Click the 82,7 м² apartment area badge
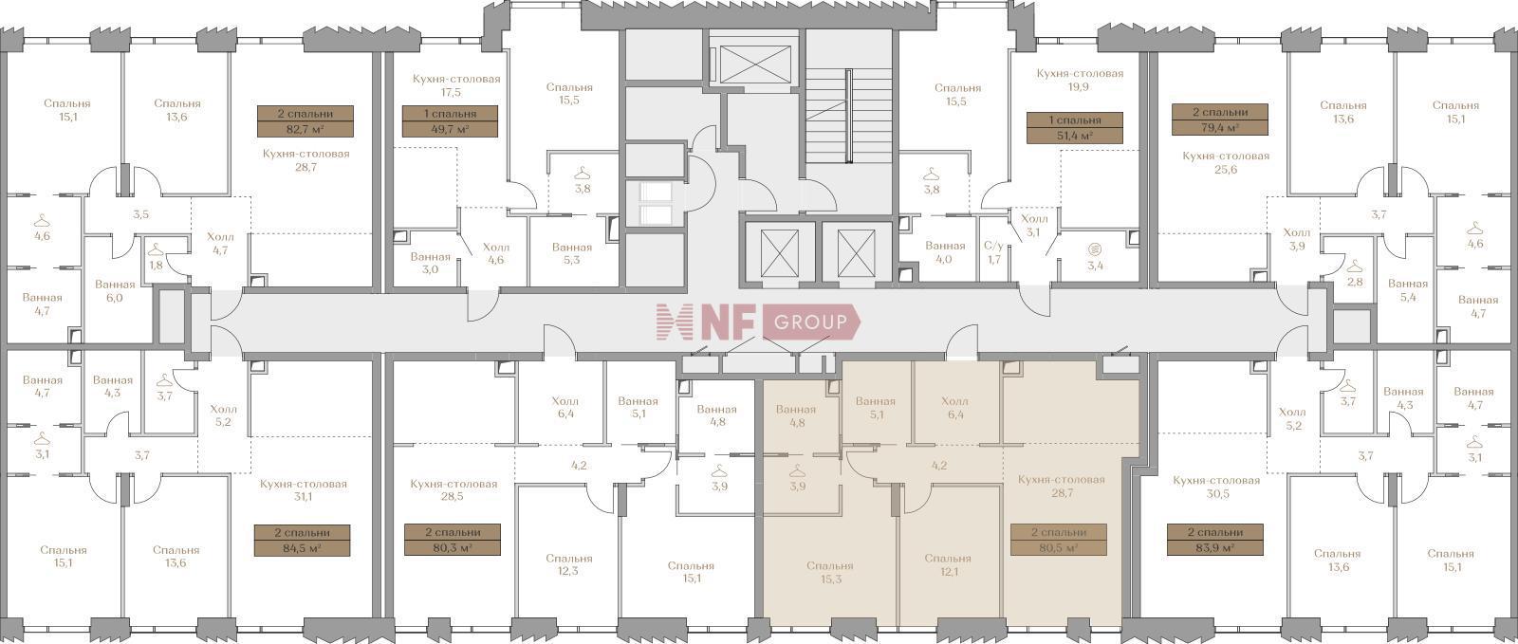(305, 121)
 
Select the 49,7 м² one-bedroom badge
(450, 121)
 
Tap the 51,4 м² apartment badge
(1075, 128)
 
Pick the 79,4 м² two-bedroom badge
(1220, 120)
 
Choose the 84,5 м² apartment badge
(303, 541)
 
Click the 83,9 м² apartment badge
(1215, 540)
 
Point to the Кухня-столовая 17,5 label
(456, 85)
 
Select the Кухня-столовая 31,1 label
(303, 490)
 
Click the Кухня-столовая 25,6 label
(1226, 162)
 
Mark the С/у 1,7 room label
(993, 252)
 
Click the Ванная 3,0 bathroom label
(431, 263)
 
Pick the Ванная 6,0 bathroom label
(115, 291)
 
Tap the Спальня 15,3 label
(830, 572)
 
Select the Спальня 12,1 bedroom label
(948, 564)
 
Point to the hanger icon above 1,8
(156, 249)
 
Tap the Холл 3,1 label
(1034, 226)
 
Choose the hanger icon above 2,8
(1354, 267)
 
